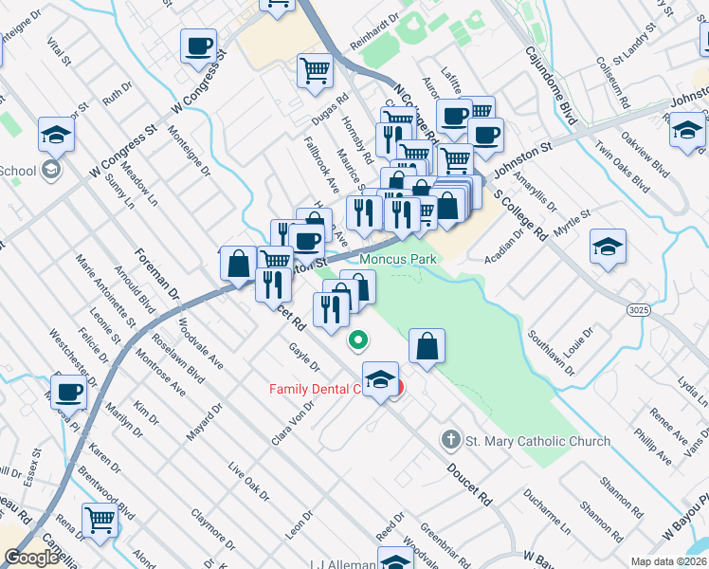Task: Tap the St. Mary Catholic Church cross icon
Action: (450, 440)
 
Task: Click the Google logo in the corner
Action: (31, 558)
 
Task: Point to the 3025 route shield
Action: (638, 309)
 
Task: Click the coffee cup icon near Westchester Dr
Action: (68, 391)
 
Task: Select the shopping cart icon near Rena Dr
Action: (100, 519)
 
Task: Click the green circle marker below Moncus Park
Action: (358, 340)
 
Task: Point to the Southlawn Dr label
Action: (547, 337)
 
